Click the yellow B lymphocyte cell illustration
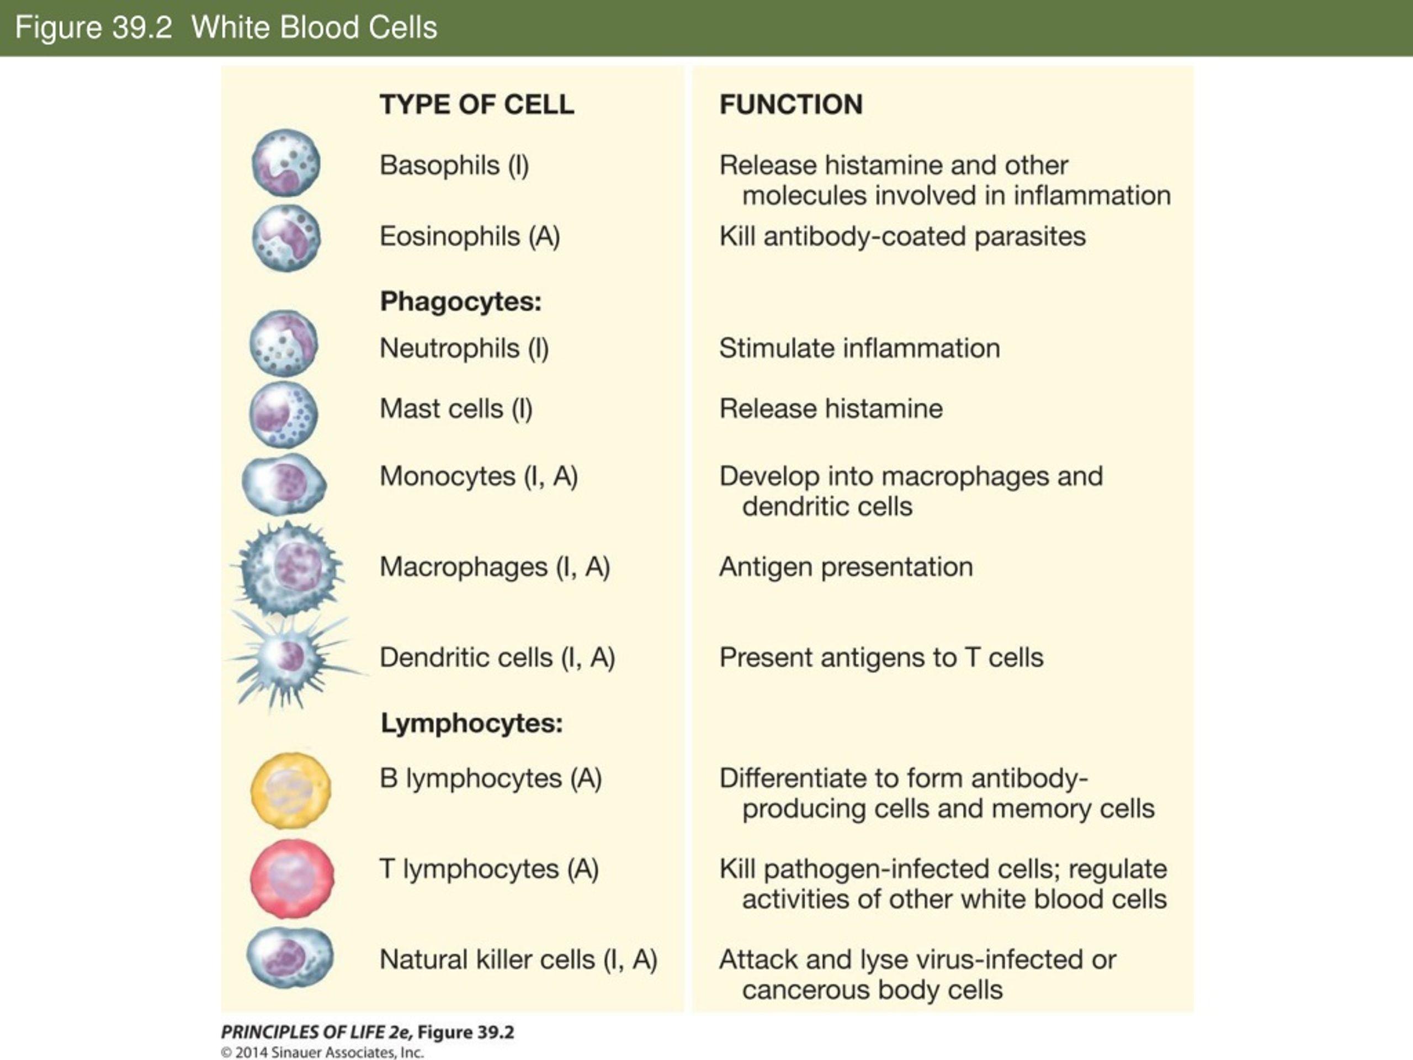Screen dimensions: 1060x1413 pos(291,791)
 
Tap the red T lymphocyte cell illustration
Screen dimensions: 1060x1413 pos(291,878)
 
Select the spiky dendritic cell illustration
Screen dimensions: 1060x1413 pos(291,658)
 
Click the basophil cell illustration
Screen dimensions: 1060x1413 pos(285,163)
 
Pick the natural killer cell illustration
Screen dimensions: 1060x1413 pos(290,957)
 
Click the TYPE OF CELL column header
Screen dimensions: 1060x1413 pos(476,104)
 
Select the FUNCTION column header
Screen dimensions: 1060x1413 pos(791,104)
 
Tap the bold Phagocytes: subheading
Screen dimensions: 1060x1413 pos(460,301)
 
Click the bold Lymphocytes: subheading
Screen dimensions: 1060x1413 pos(471,723)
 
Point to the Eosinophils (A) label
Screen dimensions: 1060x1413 pos(470,236)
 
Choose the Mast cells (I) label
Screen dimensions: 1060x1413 pos(455,409)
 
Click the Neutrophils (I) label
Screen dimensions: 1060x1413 pos(464,348)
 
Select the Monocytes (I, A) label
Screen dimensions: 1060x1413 pos(479,476)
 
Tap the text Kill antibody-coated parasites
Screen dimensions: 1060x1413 pos(902,236)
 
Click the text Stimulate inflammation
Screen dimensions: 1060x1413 pos(859,348)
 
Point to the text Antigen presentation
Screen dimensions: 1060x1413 pos(846,567)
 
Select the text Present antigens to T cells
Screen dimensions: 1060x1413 pos(881,658)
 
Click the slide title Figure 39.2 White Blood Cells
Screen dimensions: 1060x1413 pos(226,28)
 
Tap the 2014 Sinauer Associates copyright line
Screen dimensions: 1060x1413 pos(322,1052)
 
